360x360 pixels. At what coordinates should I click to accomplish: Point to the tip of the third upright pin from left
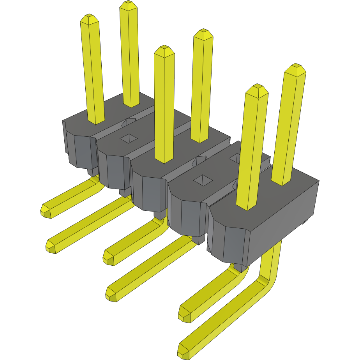164,49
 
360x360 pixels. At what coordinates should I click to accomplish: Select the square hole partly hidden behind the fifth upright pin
235,158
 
